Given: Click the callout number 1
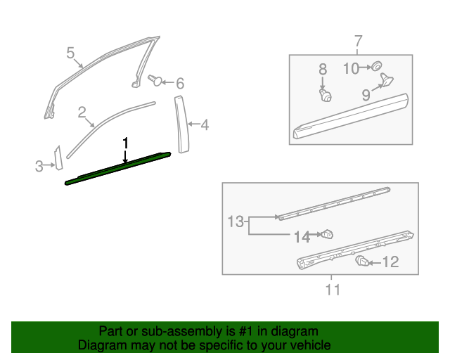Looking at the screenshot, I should pos(126,143).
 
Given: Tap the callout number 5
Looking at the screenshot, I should pos(70,53).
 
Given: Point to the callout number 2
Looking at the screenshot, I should pos(82,112).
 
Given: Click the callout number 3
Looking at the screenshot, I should pos(39,166).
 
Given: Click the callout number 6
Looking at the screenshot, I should pos(180,84).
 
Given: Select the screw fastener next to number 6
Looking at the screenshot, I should pos(154,80).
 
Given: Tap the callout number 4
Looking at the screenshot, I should pos(205,126).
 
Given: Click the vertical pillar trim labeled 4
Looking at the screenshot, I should pos(182,122).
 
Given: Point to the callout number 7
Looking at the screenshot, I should pos(357,40).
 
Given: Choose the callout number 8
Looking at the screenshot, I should pos(323,69).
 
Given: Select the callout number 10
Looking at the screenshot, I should pos(351,67).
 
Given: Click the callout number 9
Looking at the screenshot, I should pos(366,95).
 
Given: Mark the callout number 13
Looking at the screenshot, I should pos(236,223).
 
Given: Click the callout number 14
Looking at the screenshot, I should pos(302,238).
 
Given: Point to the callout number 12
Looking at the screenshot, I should pos(390,262).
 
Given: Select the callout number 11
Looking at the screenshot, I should pos(333,289).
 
